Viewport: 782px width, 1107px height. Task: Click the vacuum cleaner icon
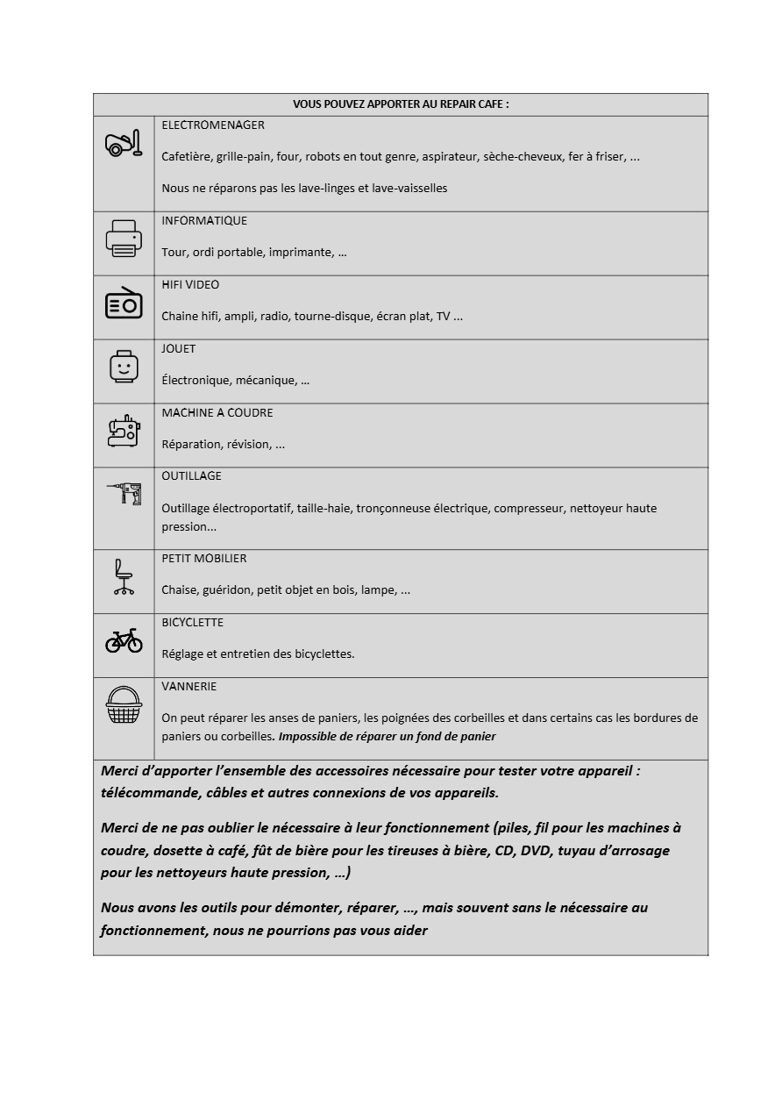(123, 143)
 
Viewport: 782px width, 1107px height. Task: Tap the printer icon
(124, 238)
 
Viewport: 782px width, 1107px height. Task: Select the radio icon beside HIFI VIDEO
(124, 303)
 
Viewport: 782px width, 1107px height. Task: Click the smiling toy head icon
(124, 366)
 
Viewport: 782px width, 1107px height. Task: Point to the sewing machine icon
(124, 431)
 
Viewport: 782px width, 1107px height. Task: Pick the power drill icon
(124, 494)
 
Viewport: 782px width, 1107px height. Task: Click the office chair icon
(124, 577)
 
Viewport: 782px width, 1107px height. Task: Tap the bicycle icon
(124, 641)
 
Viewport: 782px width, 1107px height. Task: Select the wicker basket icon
(124, 705)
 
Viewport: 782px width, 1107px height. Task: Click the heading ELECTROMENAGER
(213, 125)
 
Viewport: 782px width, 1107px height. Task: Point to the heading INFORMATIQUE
(204, 221)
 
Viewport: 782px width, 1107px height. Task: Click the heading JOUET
(179, 349)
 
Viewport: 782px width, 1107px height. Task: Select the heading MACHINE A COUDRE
(217, 413)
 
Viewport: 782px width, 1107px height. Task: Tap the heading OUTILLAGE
(191, 476)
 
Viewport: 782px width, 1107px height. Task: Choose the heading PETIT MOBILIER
(204, 559)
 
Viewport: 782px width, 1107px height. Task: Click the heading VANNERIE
(189, 687)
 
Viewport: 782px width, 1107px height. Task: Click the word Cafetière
(186, 157)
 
